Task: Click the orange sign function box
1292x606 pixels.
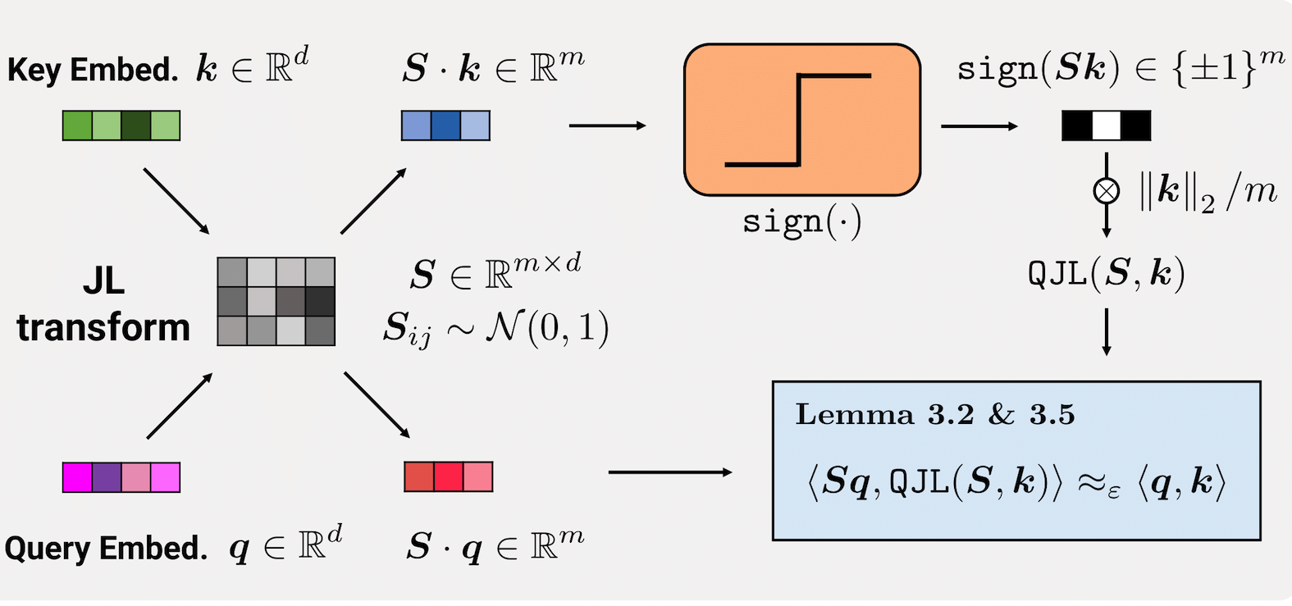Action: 801,120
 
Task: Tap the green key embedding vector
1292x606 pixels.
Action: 121,125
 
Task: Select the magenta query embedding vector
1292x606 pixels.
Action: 121,477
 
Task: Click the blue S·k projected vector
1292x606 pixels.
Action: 445,125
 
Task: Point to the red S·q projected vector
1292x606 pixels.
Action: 449,476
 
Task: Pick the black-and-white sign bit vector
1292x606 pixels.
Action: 1106,125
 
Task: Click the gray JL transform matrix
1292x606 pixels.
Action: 276,301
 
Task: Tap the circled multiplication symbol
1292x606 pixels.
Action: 1106,191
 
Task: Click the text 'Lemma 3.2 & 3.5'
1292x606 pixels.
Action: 935,415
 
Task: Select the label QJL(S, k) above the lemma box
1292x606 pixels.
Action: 1106,274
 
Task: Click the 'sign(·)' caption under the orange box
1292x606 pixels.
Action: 801,222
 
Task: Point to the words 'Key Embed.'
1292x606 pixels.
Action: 92,70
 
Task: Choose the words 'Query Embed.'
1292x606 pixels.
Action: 106,548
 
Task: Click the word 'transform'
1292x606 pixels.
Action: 103,328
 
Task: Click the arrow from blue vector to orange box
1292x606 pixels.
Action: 607,125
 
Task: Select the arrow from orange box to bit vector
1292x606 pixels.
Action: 979,126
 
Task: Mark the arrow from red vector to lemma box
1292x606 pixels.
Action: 669,472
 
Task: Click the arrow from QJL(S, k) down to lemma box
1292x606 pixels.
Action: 1106,331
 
